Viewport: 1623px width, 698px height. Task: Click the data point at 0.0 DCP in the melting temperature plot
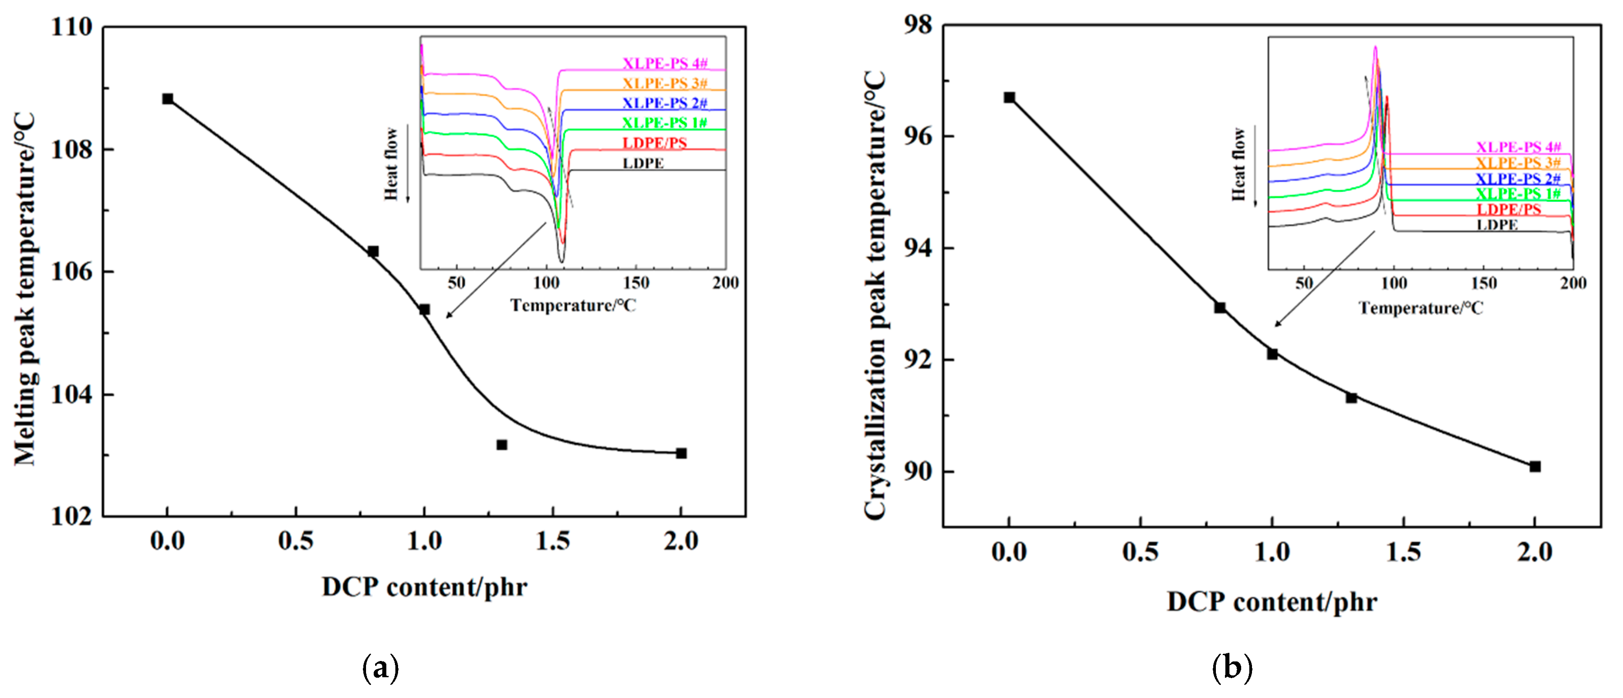coord(167,99)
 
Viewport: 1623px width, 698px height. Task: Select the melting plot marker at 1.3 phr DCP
coord(501,445)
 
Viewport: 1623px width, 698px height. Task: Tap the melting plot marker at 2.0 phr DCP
coord(681,453)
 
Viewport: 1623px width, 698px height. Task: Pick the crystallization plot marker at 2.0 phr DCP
coord(1535,466)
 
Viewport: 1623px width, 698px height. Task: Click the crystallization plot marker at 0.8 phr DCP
coord(1220,308)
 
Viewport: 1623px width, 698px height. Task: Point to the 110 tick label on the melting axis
coord(71,27)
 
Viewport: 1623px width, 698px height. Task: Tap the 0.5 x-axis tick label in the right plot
coord(1141,552)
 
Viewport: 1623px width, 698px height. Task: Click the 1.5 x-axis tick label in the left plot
coord(552,541)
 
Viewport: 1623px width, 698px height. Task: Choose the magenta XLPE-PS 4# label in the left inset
coord(665,64)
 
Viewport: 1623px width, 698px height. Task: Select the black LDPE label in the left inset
coord(643,163)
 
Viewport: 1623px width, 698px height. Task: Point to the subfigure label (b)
coord(1232,667)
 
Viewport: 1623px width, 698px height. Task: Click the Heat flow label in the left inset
coord(392,164)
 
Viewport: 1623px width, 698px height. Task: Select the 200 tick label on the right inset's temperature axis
coord(1572,283)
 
